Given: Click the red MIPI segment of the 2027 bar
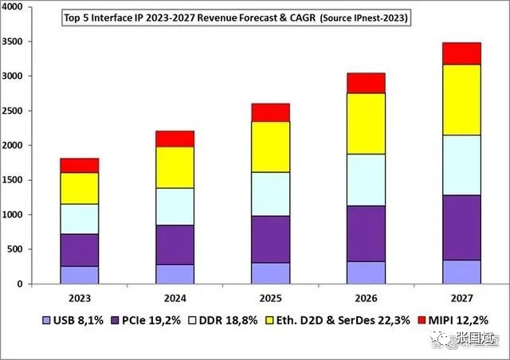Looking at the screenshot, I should pos(461,53).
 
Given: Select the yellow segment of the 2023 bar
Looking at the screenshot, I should pos(79,188).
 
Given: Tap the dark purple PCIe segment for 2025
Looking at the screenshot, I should pos(270,239).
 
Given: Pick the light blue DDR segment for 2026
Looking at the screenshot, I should pos(366,180).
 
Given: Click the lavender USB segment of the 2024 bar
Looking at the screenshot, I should pos(175,274).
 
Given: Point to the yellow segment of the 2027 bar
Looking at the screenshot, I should pos(461,100).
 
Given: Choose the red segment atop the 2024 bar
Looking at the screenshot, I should pos(175,139).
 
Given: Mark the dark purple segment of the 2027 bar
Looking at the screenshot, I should pos(461,227).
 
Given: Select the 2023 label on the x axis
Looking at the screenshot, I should pos(79,299).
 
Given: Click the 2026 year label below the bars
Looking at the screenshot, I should pos(366,299).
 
